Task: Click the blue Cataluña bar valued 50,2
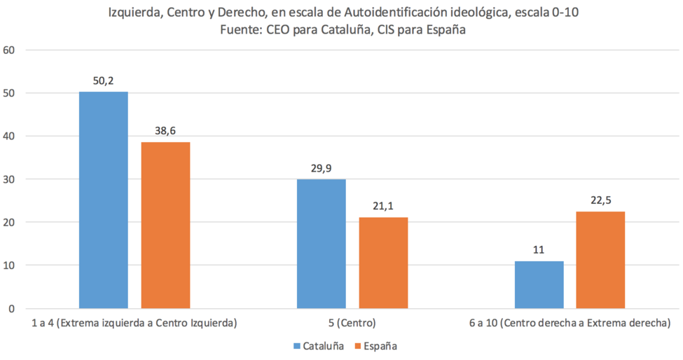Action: [x=104, y=200]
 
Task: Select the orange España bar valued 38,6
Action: [x=165, y=225]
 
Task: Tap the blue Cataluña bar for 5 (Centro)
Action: [x=322, y=244]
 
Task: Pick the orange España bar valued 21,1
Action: [x=383, y=263]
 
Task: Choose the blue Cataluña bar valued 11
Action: [x=539, y=284]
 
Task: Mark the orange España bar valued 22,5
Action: [x=600, y=260]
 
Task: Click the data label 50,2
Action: [x=103, y=81]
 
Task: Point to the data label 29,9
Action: [x=321, y=169]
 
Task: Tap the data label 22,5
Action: [x=600, y=200]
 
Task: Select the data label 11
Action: [x=539, y=250]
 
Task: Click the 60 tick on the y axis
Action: [x=8, y=50]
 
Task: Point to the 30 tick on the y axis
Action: [x=8, y=179]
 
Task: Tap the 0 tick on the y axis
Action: [x=11, y=309]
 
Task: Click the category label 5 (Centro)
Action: [x=352, y=323]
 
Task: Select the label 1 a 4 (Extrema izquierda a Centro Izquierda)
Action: [x=134, y=323]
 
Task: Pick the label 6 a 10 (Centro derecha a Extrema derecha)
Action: [x=570, y=323]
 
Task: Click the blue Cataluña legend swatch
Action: [x=297, y=347]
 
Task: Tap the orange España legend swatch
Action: [x=359, y=347]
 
